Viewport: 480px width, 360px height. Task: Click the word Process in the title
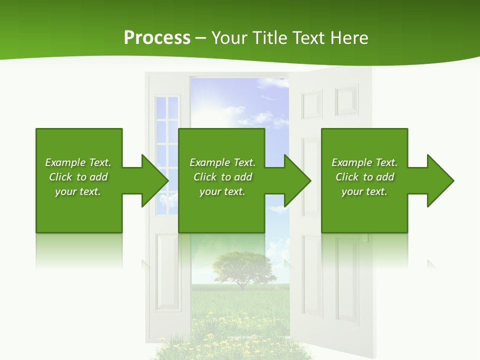click(157, 38)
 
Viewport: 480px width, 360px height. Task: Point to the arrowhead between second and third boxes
click(297, 180)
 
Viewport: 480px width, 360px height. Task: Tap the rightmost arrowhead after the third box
click(440, 180)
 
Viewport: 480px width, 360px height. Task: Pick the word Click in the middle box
click(205, 177)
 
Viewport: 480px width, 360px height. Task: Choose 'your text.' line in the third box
click(364, 191)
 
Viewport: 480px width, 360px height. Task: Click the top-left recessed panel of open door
click(312, 104)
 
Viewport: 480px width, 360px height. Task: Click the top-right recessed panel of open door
click(346, 100)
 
